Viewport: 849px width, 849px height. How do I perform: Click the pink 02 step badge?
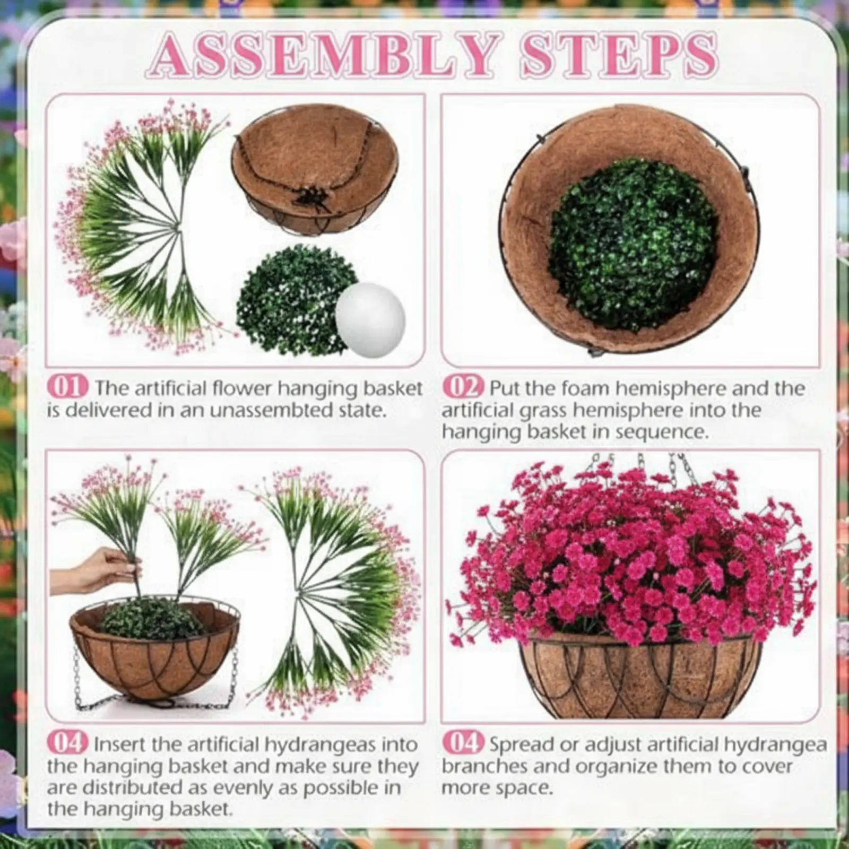click(463, 387)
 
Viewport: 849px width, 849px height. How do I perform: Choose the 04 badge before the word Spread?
click(463, 742)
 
